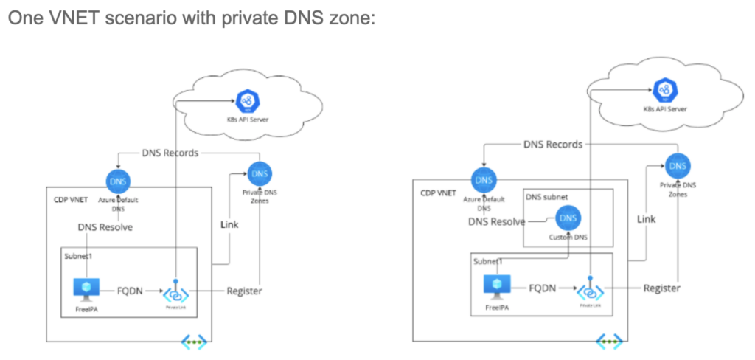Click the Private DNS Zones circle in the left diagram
pos(260,174)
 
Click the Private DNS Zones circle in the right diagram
pos(677,165)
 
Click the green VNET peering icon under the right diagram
pos(609,342)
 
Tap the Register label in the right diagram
pos(661,288)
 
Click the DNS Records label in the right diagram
pos(553,145)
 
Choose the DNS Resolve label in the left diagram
pos(105,227)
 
